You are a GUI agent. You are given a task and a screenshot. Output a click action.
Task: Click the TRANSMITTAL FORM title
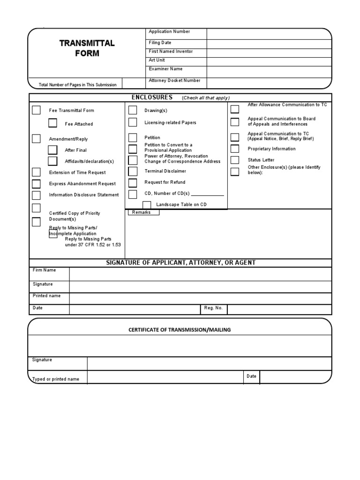tap(87, 48)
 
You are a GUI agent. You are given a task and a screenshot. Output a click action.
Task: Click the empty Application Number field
tap(269, 33)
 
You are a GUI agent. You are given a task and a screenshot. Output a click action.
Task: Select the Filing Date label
tap(160, 43)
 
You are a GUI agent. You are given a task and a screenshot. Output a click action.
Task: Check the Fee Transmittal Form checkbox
tap(36, 111)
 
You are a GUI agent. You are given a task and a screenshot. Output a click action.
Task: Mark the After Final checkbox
tap(52, 150)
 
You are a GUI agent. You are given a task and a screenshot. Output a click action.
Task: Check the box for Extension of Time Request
tap(36, 172)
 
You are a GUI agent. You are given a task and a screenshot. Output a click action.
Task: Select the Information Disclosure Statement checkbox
tap(36, 195)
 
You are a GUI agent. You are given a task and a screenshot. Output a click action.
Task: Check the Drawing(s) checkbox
tap(133, 110)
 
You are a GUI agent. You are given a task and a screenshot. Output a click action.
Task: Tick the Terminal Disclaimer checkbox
tap(133, 172)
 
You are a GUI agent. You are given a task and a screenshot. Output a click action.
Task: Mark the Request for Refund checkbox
tap(133, 183)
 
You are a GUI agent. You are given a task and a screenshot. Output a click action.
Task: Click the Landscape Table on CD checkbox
tap(147, 205)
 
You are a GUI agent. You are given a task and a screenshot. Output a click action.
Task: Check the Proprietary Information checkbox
tap(234, 149)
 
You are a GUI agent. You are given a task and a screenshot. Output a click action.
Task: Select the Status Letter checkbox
tap(234, 160)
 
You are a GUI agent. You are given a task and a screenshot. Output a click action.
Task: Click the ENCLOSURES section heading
tap(152, 97)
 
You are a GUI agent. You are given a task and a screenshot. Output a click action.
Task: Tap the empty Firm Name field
tap(200, 274)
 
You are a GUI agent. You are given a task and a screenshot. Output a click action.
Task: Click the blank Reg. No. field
tap(279, 309)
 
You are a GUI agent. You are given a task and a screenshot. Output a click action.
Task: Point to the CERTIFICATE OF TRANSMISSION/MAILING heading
tap(180, 330)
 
